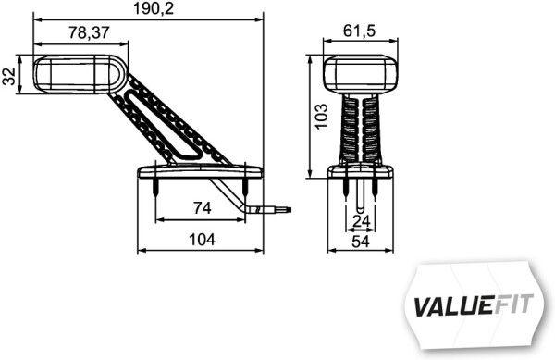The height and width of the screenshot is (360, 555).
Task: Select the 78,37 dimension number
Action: click(x=91, y=32)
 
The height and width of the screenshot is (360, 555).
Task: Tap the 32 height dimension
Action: click(x=9, y=76)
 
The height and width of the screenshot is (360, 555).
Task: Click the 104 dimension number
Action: click(x=201, y=240)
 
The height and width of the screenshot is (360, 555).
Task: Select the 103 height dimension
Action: click(x=321, y=118)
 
